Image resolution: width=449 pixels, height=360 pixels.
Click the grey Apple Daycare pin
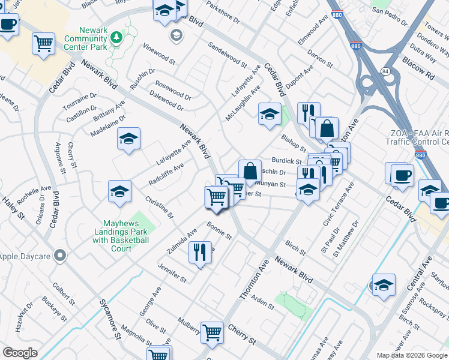coord(59,256)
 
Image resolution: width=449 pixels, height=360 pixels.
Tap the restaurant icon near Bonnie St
coord(200,251)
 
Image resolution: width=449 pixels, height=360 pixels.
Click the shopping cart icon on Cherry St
coord(212,332)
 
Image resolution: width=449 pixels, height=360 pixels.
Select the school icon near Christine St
coord(119,192)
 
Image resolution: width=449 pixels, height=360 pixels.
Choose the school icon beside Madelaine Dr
coord(128,140)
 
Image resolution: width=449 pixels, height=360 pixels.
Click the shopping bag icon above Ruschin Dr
coord(250,171)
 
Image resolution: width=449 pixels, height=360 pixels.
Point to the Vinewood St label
coord(159,53)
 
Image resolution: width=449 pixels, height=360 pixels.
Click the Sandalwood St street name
coord(227,54)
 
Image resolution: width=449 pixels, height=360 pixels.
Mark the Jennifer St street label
coord(172,274)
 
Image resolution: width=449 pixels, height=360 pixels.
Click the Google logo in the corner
coord(20,352)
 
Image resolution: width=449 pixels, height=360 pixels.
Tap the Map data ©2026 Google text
coord(411,355)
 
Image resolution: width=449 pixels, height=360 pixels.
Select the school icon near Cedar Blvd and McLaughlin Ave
coord(270,114)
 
